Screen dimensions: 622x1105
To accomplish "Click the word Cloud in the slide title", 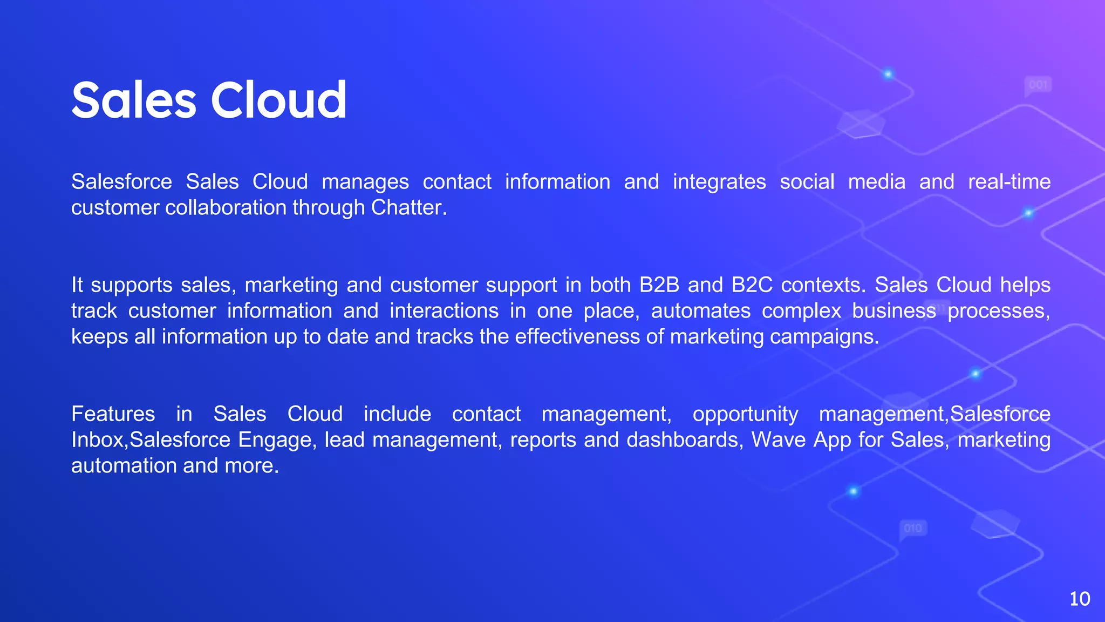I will coord(278,100).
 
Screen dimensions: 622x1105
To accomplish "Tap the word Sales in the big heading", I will coord(134,100).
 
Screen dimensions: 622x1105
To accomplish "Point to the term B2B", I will coord(659,285).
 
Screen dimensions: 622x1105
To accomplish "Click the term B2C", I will coord(752,285).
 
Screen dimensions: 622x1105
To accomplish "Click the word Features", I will coord(113,414).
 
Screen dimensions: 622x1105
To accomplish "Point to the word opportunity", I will coord(745,414).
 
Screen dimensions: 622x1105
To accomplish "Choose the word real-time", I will coord(1009,182).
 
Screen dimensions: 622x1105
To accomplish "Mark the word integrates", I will coord(719,182).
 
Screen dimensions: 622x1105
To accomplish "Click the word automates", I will coord(701,311).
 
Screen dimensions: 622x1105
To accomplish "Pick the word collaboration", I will coord(226,208).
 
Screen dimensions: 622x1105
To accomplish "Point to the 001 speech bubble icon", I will coord(1038,85).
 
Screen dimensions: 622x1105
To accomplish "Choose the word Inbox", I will coord(99,440).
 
